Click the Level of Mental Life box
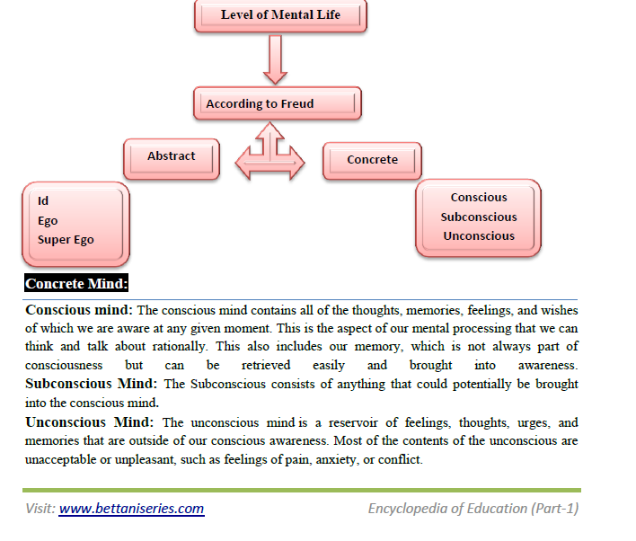tap(280, 15)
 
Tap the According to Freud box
tap(277, 103)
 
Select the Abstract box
tap(172, 156)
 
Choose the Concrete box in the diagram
tap(372, 160)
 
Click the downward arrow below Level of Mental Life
tap(276, 61)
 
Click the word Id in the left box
tap(43, 200)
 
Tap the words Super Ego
tap(66, 240)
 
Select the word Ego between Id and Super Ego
tap(48, 220)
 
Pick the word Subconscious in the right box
tap(479, 217)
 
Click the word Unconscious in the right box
tap(479, 235)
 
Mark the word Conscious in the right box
tap(479, 197)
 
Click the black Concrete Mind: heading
tap(77, 285)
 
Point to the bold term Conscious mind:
tap(79, 310)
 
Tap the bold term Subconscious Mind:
tap(93, 384)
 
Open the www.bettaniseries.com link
tap(131, 509)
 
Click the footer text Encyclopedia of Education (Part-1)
tap(473, 509)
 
